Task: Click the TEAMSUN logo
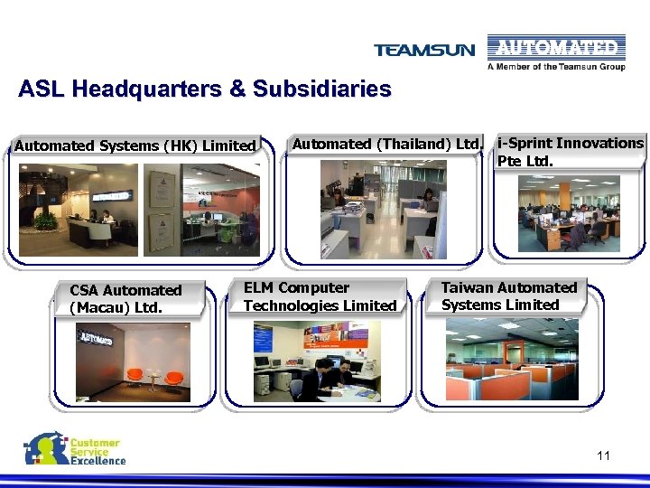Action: (423, 50)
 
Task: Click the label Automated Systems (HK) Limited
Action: (135, 145)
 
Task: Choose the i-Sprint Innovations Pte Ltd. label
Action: (570, 152)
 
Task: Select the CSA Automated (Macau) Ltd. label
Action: (125, 298)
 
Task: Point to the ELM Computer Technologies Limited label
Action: (320, 296)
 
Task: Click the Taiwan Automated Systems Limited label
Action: (509, 296)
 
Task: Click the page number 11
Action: (603, 455)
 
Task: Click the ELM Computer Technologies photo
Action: (317, 361)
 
